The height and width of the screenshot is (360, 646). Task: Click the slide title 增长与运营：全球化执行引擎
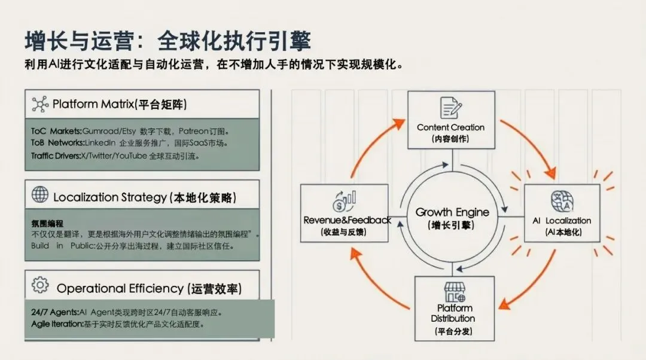168,41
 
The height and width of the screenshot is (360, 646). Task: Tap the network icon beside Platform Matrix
40,104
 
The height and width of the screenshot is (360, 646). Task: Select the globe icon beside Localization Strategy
40,194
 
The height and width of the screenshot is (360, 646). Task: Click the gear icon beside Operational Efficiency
40,285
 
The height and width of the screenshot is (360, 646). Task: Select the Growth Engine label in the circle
452,212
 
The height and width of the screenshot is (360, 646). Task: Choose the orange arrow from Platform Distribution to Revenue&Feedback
377,281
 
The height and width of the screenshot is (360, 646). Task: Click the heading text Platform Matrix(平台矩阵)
120,104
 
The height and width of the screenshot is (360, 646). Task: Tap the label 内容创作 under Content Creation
451,139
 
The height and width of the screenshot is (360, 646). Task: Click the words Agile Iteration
57,324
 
